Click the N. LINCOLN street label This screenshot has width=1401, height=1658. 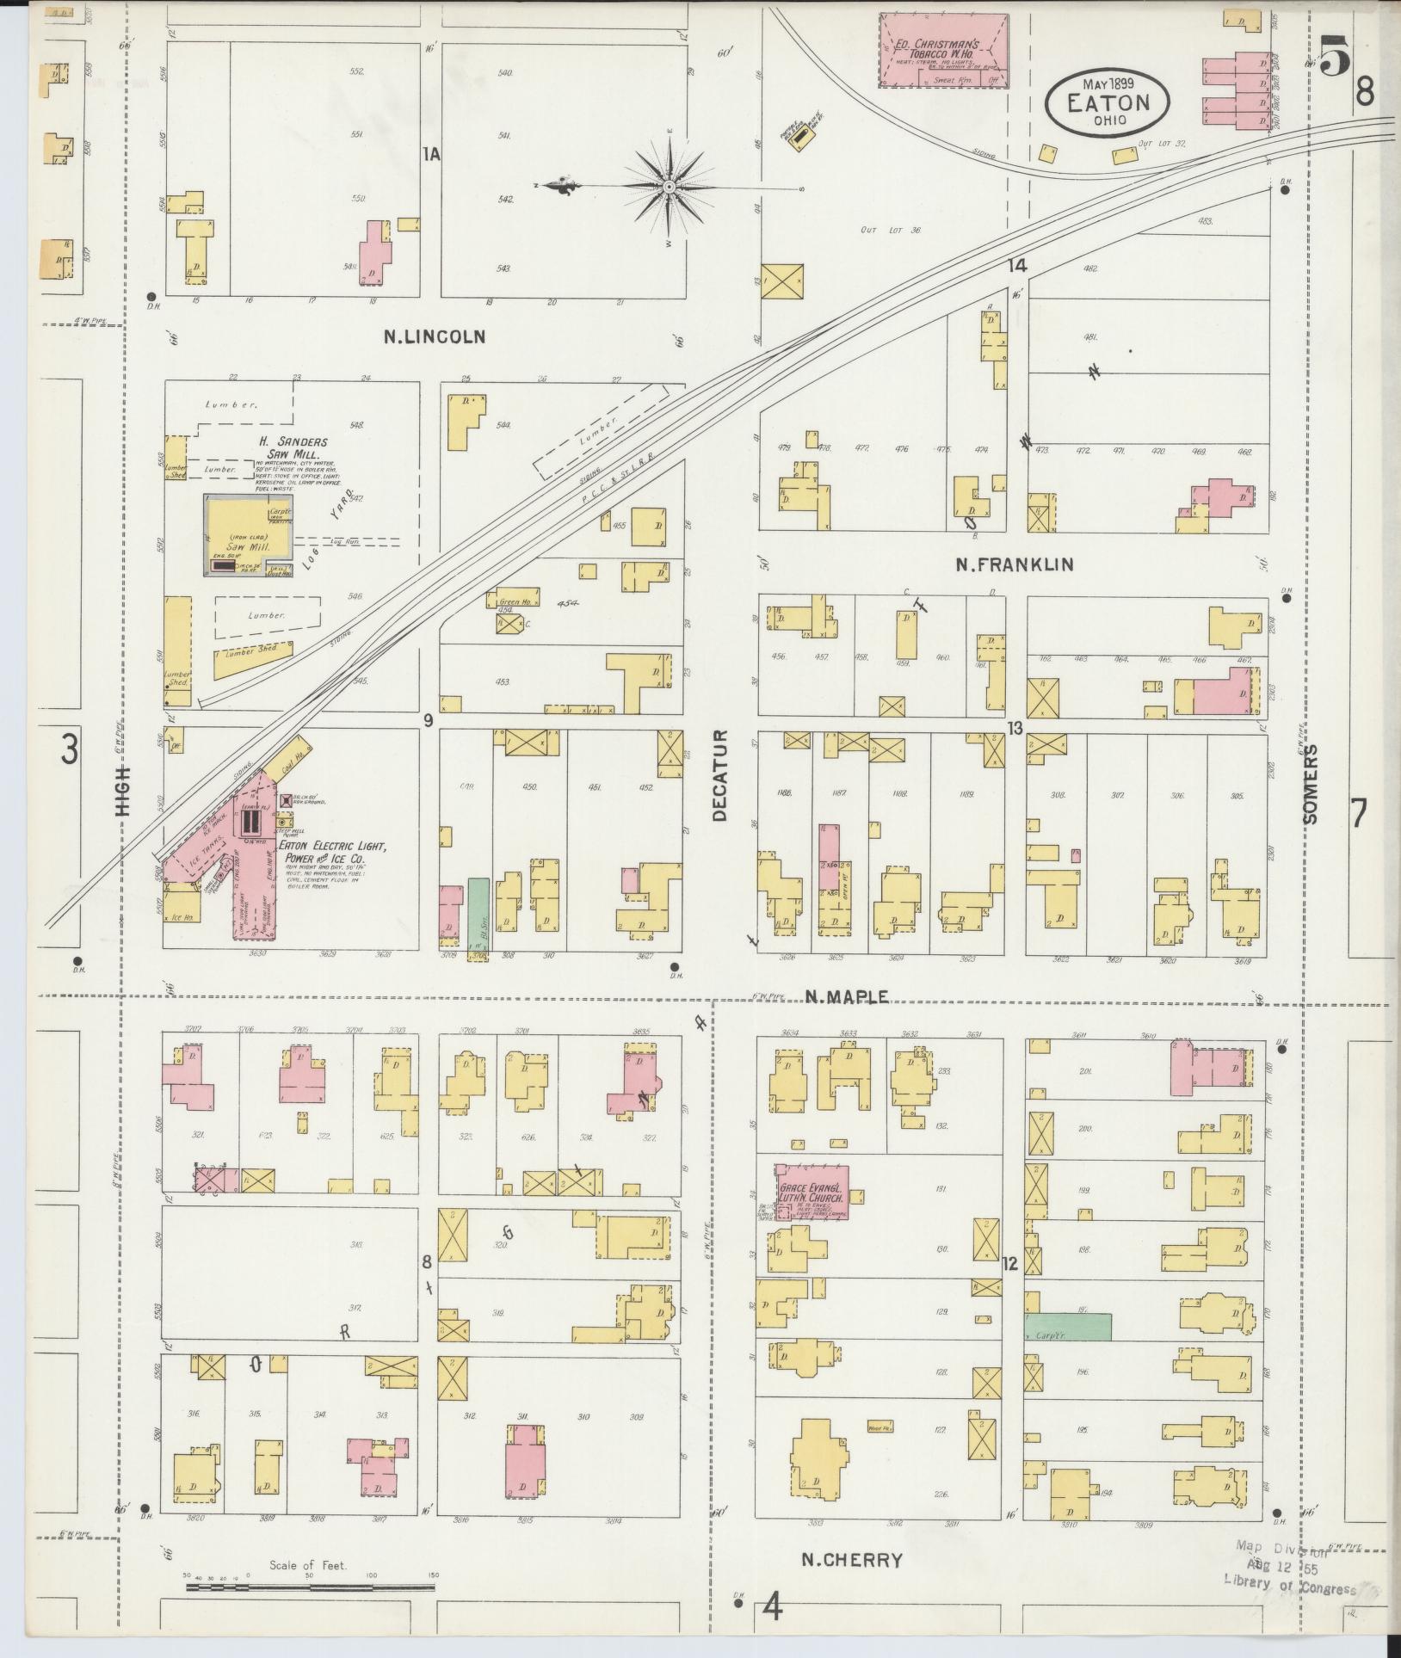(x=434, y=336)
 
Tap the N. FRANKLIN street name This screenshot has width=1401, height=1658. (x=1015, y=564)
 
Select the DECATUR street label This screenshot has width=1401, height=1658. (x=720, y=775)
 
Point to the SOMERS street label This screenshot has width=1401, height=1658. (x=1310, y=784)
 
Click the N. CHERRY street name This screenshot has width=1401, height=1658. (x=851, y=1560)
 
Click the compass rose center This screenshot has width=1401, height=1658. (x=669, y=187)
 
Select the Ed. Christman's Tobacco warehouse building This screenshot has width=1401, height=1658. (x=944, y=50)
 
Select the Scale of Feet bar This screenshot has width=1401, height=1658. (x=309, y=1586)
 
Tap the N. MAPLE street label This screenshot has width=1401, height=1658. (x=847, y=996)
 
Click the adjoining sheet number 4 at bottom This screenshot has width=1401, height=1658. (x=774, y=1607)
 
